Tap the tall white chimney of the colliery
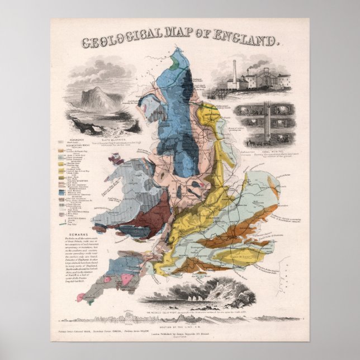(x=234, y=73)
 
